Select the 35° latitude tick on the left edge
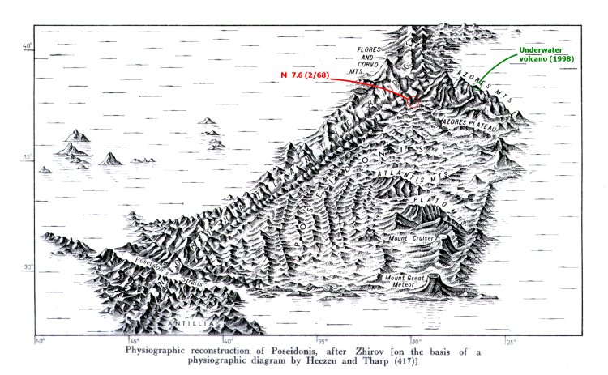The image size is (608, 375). tap(28, 157)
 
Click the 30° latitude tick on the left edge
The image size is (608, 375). tap(28, 268)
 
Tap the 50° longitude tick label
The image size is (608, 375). tap(37, 340)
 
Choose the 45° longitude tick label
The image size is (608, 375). tap(134, 340)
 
